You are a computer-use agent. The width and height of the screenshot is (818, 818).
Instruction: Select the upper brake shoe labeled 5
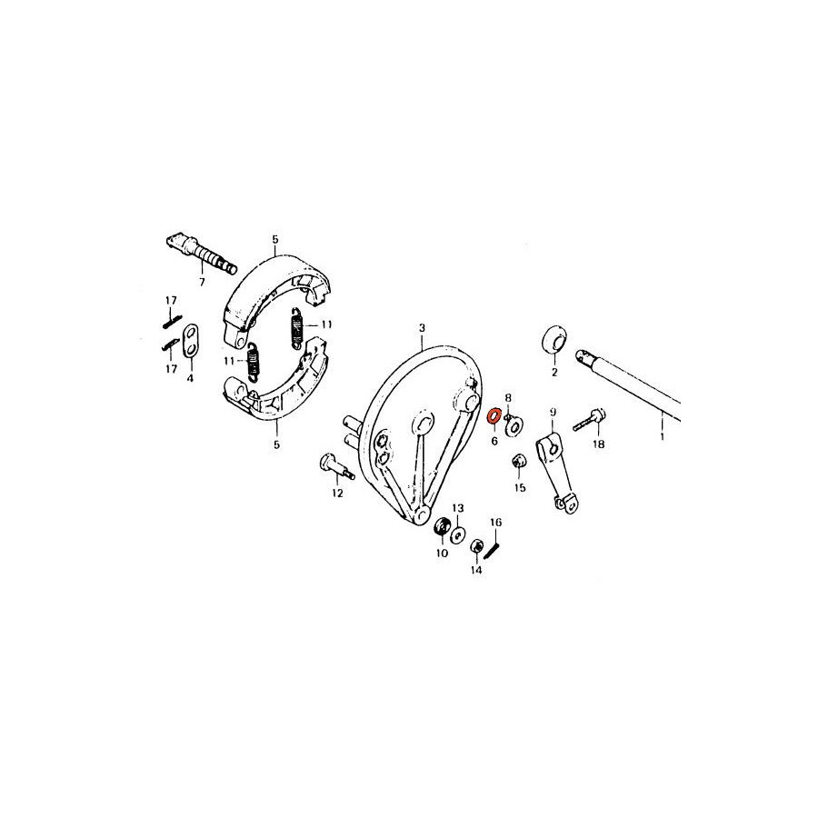point(280,298)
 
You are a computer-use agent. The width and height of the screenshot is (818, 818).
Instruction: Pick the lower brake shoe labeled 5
point(276,381)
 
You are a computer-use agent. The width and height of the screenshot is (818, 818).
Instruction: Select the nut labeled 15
point(518,461)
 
